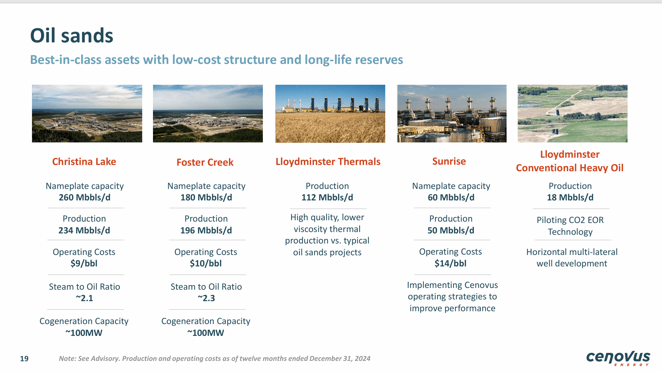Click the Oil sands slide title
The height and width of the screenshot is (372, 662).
(x=72, y=36)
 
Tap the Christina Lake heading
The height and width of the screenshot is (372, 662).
(x=84, y=162)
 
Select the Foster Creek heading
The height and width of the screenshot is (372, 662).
(x=205, y=162)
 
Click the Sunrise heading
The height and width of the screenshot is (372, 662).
(x=449, y=161)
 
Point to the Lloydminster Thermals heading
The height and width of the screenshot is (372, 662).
(x=328, y=162)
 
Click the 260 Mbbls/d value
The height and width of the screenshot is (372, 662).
(x=84, y=197)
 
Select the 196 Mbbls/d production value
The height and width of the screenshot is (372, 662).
(x=206, y=230)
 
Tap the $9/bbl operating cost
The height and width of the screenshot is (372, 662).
(x=84, y=263)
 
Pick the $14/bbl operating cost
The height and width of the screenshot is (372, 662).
(x=451, y=263)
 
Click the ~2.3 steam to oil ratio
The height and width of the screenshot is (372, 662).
(x=206, y=298)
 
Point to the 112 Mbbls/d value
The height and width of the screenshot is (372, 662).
(x=327, y=197)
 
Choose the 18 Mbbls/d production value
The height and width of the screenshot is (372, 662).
(x=570, y=197)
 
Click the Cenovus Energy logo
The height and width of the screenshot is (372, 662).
(x=618, y=358)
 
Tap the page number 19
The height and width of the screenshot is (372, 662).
(x=24, y=358)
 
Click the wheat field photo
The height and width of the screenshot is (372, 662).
(x=330, y=114)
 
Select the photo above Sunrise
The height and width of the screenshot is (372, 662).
(x=452, y=114)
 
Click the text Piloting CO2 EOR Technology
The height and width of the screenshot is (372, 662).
(x=570, y=226)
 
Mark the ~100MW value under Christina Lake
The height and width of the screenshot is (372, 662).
(x=84, y=333)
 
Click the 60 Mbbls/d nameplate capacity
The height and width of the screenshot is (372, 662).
(x=451, y=197)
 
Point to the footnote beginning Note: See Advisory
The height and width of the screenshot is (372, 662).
(x=215, y=358)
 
